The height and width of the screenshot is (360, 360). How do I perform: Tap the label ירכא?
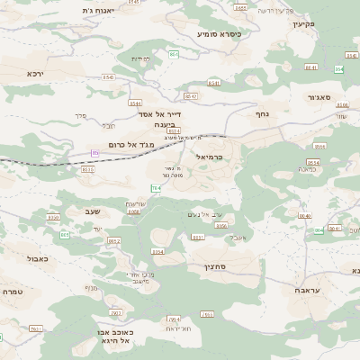[x=34, y=73]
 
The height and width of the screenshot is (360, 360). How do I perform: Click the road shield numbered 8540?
[x=304, y=216]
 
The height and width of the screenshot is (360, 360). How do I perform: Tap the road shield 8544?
[x=134, y=103]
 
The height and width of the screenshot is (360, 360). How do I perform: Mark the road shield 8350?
[x=53, y=217]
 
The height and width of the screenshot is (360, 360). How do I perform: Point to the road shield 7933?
[x=207, y=314]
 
